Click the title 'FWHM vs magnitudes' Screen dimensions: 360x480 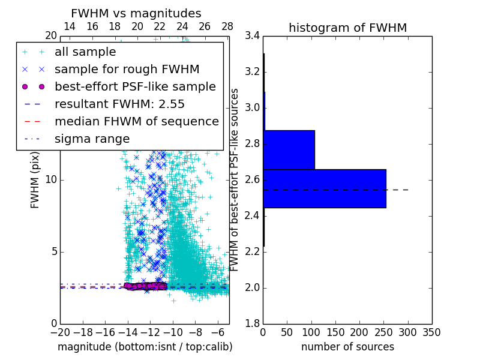coord(136,13)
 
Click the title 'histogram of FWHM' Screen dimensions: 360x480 coord(347,28)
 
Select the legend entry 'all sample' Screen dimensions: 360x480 coord(85,52)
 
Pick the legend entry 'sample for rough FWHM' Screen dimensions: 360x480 coord(127,69)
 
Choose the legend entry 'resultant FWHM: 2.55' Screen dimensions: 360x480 coord(119,104)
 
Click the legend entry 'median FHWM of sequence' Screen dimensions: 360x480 coord(136,121)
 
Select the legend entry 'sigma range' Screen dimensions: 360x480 coord(92,139)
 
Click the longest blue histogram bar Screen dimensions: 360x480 coord(324,188)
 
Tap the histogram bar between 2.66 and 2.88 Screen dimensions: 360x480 coord(289,149)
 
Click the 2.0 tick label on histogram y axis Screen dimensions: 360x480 coord(252,287)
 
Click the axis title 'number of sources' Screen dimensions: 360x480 coord(347,347)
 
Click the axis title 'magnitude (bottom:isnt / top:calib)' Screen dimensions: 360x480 coord(145,347)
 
